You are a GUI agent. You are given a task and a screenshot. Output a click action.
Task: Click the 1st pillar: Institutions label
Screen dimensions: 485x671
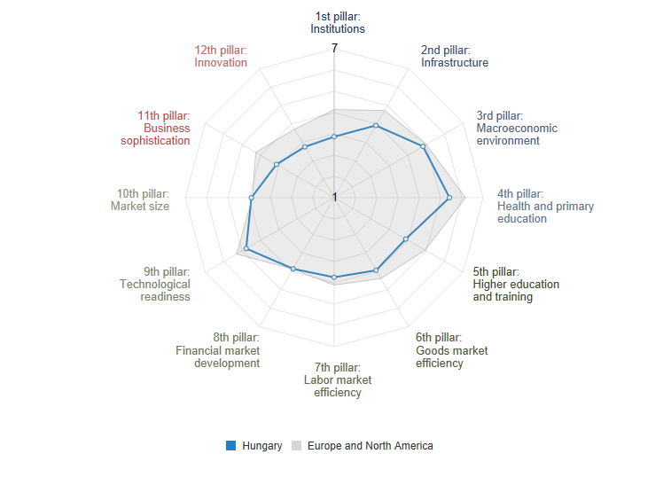click(x=338, y=22)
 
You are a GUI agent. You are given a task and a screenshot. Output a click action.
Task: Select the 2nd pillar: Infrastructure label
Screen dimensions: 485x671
click(x=454, y=57)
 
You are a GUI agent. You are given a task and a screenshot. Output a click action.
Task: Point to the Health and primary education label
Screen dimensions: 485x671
click(x=545, y=207)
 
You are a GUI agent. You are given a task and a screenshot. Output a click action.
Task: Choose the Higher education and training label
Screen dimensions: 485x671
click(x=516, y=285)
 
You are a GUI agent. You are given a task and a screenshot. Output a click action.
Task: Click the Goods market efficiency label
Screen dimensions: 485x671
click(x=451, y=350)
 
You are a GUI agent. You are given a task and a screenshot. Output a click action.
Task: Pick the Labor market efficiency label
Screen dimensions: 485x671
click(x=338, y=379)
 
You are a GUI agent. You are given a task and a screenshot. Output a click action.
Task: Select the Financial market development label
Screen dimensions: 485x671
click(x=218, y=350)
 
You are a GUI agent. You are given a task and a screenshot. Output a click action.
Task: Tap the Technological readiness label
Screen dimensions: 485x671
click(x=155, y=285)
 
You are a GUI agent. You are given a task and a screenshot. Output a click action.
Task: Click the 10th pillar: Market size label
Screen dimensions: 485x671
click(x=140, y=199)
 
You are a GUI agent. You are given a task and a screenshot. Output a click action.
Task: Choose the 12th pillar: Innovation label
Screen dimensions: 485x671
click(x=221, y=57)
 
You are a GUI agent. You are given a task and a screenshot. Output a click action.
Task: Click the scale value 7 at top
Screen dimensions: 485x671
click(x=334, y=48)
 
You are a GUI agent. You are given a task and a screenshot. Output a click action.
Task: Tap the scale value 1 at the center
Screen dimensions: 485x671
click(x=334, y=197)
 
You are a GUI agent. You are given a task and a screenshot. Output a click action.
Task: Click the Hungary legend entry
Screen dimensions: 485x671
click(x=254, y=446)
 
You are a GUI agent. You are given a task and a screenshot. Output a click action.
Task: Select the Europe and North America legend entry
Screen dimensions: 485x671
click(x=363, y=446)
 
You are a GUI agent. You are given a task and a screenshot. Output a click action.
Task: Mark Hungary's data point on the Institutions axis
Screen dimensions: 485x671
click(x=334, y=137)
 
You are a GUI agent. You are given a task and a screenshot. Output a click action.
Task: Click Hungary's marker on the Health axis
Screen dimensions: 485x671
click(x=449, y=197)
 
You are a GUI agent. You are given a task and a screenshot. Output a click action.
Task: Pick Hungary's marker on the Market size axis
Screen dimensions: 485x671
click(x=251, y=197)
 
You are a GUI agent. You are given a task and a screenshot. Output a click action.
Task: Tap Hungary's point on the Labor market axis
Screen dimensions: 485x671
click(x=334, y=278)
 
